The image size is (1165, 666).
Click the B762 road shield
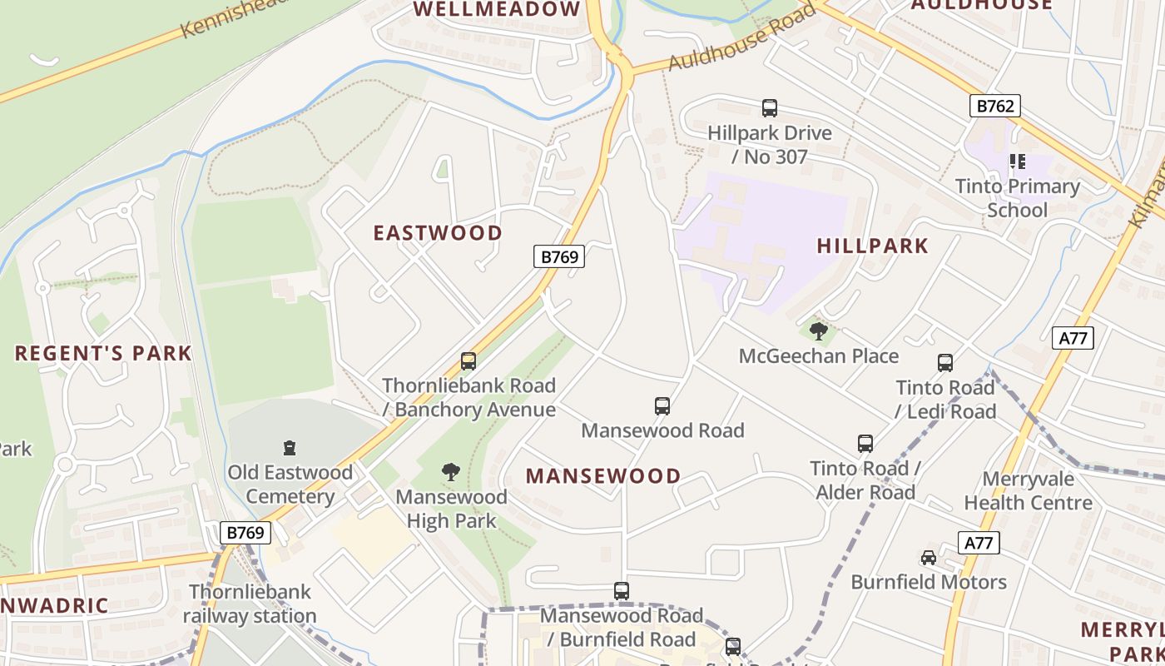click(x=994, y=106)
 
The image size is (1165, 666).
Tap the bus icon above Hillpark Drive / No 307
click(x=770, y=108)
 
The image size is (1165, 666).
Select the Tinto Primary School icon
click(x=1017, y=162)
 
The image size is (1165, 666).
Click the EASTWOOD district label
click(x=438, y=233)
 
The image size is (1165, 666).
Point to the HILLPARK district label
click(x=872, y=246)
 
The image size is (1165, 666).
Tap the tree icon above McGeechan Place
click(x=819, y=331)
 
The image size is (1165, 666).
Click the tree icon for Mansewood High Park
click(x=451, y=472)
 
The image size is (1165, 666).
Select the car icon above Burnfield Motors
click(x=929, y=557)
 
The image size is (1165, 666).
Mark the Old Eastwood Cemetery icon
click(x=290, y=448)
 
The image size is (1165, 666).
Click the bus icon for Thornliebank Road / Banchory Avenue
click(x=468, y=361)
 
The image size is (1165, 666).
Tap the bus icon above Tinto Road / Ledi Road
click(x=945, y=363)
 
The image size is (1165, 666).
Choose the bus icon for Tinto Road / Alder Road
click(x=865, y=444)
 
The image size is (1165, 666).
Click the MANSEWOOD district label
click(x=603, y=476)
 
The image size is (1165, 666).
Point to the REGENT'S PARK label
click(x=103, y=353)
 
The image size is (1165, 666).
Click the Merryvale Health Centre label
click(x=1028, y=491)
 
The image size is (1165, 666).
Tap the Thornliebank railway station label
click(x=250, y=604)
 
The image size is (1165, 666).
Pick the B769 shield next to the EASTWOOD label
click(x=559, y=256)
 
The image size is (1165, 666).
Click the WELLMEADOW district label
click(x=497, y=10)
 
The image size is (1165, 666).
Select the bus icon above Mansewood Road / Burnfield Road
click(x=622, y=591)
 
